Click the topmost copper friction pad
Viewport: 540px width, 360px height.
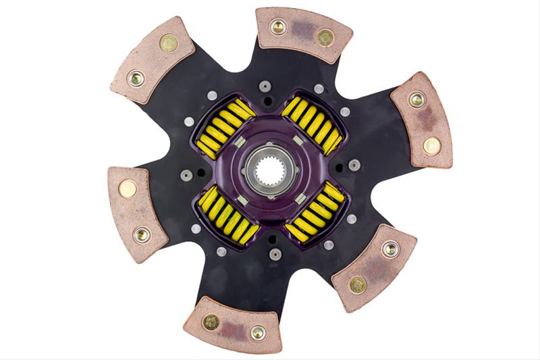[x=303, y=34]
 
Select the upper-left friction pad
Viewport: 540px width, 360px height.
[x=152, y=60]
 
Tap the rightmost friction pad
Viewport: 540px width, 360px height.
[x=423, y=120]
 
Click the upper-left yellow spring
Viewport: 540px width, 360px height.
[x=223, y=128]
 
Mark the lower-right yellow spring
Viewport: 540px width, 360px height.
[x=315, y=211]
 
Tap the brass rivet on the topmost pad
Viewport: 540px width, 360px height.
[x=325, y=38]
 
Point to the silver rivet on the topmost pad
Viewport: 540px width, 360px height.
[x=277, y=28]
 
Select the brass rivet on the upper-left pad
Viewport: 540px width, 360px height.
[x=168, y=44]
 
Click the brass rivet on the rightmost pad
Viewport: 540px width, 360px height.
[x=431, y=145]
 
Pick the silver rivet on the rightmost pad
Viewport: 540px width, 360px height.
[x=416, y=100]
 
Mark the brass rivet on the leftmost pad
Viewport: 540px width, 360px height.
[x=128, y=189]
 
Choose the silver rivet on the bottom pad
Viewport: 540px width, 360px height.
[x=258, y=332]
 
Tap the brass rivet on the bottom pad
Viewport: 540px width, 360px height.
[x=211, y=322]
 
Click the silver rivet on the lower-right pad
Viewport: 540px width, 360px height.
[x=389, y=249]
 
